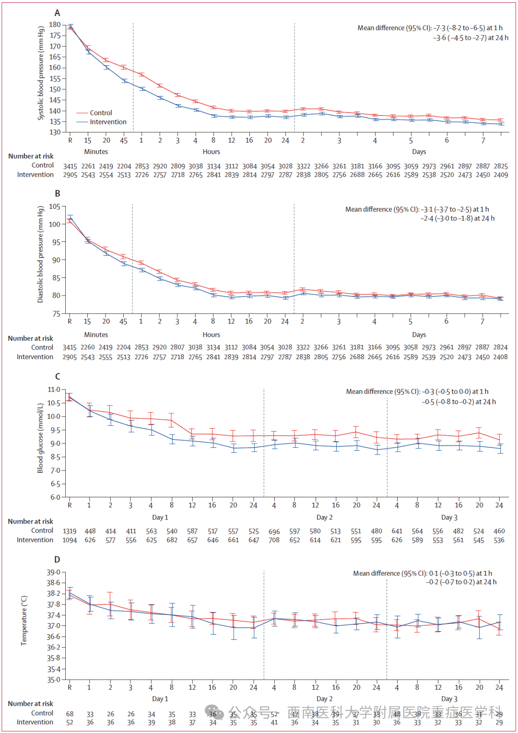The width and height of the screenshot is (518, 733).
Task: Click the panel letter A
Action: pyautogui.click(x=57, y=13)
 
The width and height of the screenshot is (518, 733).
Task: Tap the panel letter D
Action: pyautogui.click(x=57, y=559)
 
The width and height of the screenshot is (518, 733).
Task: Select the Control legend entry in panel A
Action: pyautogui.click(x=101, y=113)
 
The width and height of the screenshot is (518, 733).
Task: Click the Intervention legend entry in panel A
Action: pyautogui.click(x=108, y=122)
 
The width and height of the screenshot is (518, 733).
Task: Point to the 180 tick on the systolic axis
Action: pyautogui.click(x=55, y=24)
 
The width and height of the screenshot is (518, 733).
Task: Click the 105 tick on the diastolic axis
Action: pyautogui.click(x=55, y=206)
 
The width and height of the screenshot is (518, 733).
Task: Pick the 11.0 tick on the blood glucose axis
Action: pyautogui.click(x=54, y=390)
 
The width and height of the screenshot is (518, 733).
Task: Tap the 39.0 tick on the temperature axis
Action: pyautogui.click(x=53, y=572)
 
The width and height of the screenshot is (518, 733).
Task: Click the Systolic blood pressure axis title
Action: pyautogui.click(x=41, y=73)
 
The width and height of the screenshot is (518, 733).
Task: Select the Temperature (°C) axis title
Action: pyautogui.click(x=24, y=620)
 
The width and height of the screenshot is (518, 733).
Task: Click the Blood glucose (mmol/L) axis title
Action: pyautogui.click(x=40, y=438)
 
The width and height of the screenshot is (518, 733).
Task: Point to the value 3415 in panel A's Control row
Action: pyautogui.click(x=70, y=166)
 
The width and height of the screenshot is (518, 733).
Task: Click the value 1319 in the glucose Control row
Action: pyautogui.click(x=70, y=531)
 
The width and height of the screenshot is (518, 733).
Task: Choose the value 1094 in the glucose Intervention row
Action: pyautogui.click(x=70, y=540)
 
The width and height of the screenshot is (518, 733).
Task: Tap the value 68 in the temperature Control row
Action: pyautogui.click(x=70, y=714)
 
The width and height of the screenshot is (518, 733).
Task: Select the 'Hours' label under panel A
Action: pyautogui.click(x=211, y=152)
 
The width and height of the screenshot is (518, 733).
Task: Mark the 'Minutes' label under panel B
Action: pyautogui.click(x=96, y=335)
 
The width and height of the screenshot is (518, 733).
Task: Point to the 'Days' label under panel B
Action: pyautogui.click(x=419, y=335)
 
